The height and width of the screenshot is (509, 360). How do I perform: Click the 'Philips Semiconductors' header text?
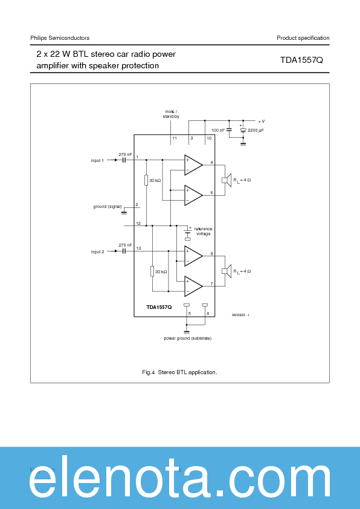60,38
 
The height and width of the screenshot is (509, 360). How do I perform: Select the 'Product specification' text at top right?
303,38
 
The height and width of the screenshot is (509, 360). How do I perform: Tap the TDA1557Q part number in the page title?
301,60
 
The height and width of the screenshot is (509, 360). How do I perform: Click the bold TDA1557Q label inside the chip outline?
159,307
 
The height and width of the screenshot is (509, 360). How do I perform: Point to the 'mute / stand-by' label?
171,114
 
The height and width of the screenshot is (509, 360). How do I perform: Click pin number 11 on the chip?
175,138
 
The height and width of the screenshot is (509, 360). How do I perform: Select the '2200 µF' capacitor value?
256,130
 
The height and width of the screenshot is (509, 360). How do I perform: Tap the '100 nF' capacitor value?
218,130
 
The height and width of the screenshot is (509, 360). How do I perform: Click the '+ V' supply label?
261,121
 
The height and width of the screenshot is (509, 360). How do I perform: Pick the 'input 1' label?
97,160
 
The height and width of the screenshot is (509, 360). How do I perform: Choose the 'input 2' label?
97,251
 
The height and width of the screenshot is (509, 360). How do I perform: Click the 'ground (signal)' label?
107,207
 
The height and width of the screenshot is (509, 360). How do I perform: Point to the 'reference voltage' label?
203,231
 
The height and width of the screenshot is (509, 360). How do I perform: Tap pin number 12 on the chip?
138,224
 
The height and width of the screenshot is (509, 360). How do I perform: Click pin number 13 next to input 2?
138,248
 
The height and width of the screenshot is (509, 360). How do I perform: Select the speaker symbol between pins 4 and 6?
226,180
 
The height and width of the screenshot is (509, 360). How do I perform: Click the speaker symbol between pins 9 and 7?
226,271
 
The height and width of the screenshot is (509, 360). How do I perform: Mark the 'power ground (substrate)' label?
187,338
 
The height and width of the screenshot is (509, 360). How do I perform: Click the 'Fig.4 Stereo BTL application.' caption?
179,372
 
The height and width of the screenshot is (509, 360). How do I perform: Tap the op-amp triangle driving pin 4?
192,165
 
